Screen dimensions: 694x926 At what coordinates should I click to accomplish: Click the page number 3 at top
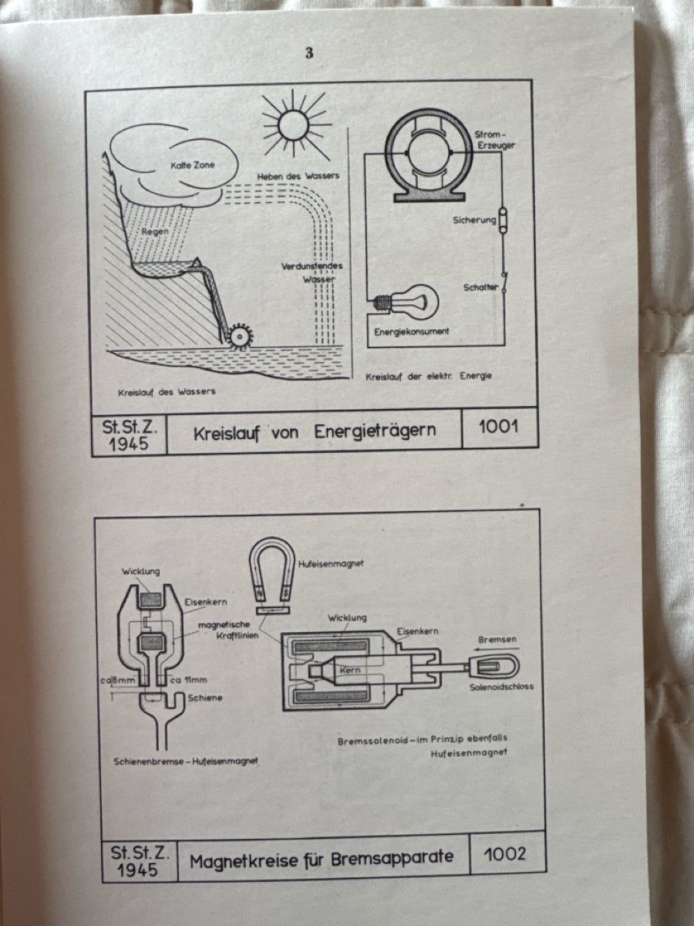click(x=310, y=53)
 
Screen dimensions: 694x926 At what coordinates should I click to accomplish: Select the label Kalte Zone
click(x=193, y=165)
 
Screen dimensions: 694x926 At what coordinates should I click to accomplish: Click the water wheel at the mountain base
click(x=239, y=336)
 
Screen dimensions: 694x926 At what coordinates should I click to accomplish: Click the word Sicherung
click(x=474, y=220)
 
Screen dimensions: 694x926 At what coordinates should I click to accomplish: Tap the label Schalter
click(x=480, y=287)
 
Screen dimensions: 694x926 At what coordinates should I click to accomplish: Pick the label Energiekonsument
click(x=412, y=332)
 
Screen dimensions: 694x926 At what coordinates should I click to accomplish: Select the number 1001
click(x=498, y=428)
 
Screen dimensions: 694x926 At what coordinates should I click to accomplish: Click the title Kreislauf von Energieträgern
click(x=315, y=432)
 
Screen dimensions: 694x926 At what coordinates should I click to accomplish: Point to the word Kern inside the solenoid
click(x=350, y=670)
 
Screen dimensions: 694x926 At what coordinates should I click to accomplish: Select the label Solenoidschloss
click(x=501, y=686)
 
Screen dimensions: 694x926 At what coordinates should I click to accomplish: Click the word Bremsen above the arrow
click(x=497, y=639)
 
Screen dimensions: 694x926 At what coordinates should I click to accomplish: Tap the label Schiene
click(x=205, y=698)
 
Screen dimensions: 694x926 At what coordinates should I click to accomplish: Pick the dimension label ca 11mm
click(x=189, y=680)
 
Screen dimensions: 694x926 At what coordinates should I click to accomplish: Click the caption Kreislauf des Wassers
click(x=167, y=392)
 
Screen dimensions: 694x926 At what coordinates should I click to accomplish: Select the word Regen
click(x=155, y=231)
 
